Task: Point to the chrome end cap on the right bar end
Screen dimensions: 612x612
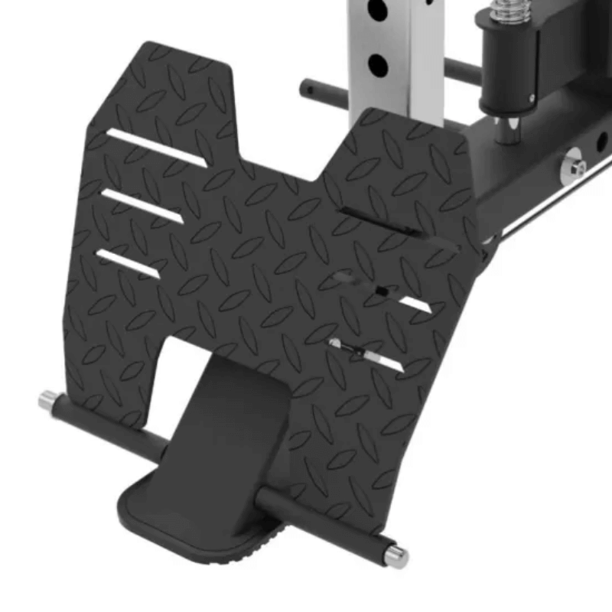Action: click(396, 555)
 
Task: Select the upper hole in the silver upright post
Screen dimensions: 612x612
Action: click(377, 11)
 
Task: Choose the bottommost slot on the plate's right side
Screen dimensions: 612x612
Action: click(367, 356)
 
